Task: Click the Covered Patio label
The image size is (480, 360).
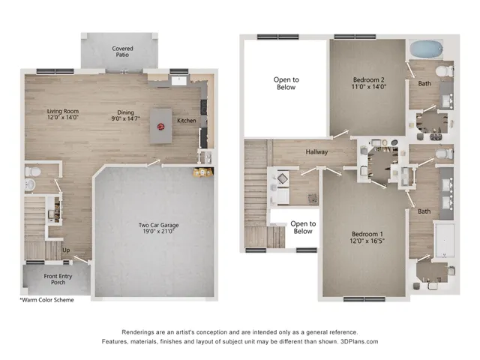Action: (123, 52)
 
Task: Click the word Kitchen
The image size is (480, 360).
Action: (187, 121)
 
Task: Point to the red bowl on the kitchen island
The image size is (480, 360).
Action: (159, 127)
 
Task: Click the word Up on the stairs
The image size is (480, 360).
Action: (66, 250)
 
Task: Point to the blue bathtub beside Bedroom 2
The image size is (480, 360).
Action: (427, 49)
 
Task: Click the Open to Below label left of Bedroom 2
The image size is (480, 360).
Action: (285, 82)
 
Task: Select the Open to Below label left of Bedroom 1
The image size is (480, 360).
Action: (303, 226)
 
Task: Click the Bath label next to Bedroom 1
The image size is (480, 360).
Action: (424, 211)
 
